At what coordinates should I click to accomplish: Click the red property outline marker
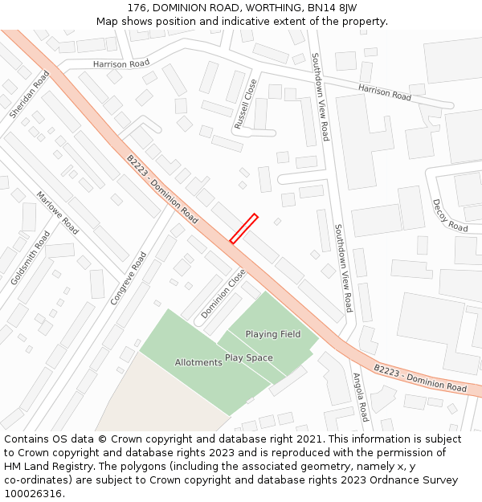coord(243,228)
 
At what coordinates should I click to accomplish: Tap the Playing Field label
coord(273,334)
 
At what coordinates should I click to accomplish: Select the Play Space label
coord(248,357)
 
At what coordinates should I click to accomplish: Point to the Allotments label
coord(198,362)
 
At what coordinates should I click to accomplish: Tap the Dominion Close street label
coord(223,293)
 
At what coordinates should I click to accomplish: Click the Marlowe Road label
coord(58,213)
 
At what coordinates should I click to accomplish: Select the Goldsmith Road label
coord(31,258)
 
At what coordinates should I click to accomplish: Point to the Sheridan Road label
coord(30,94)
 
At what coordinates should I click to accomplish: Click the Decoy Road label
coord(450,215)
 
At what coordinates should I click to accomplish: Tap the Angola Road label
coord(360,397)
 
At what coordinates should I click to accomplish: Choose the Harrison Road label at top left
coord(121,63)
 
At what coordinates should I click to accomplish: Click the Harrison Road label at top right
coord(385,92)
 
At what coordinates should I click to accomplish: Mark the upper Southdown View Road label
coord(321,96)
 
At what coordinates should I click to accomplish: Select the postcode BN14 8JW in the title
coord(333,7)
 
